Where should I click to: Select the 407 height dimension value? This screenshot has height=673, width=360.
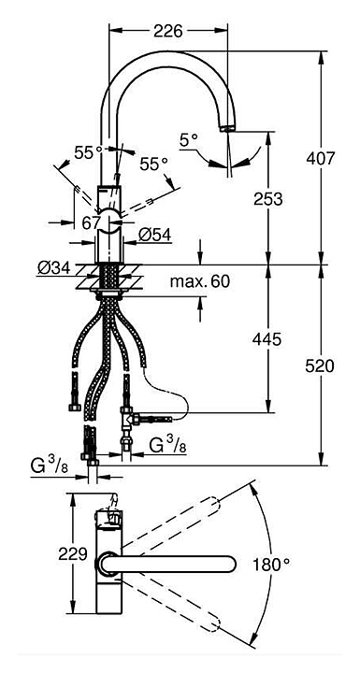[x=320, y=158]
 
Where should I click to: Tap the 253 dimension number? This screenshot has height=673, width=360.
[x=268, y=199]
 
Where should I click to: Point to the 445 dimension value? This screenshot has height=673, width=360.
[x=266, y=339]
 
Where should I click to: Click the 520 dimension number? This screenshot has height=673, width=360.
[x=320, y=365]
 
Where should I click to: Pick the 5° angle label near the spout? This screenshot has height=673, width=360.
[x=189, y=140]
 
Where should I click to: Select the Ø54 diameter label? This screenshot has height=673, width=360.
[x=154, y=235]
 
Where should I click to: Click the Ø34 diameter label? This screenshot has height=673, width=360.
[x=53, y=268]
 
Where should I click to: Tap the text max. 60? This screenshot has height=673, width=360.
[x=200, y=281]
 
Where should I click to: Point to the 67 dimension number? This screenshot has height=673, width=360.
[x=91, y=222]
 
